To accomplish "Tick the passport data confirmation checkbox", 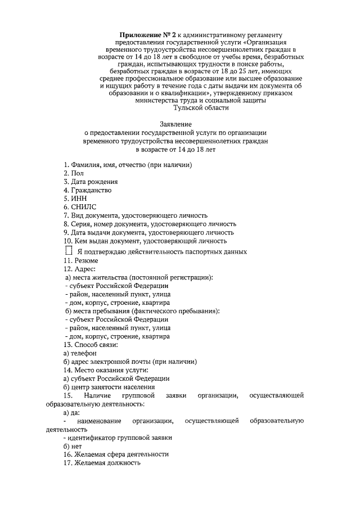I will coord(69,250).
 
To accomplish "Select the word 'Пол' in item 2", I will coord(77,174).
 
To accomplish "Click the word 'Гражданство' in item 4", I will coord(91,190).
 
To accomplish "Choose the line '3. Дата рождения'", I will coord(90,182).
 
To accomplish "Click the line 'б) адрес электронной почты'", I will coord(130,361).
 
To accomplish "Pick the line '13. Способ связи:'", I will coord(91,344).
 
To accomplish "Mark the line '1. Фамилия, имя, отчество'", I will coord(128,165).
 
